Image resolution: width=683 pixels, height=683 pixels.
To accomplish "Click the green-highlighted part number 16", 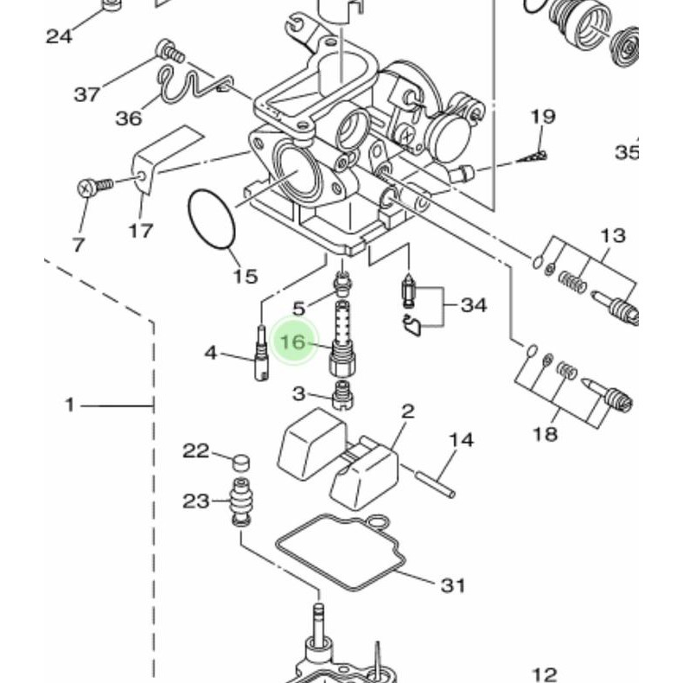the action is [293, 341].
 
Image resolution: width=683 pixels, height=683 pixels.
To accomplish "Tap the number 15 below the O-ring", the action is [246, 276].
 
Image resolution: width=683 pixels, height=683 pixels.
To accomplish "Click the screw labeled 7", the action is [94, 187].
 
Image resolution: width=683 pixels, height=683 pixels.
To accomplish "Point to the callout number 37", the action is [86, 94].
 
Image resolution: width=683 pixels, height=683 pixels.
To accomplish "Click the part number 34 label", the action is [474, 305].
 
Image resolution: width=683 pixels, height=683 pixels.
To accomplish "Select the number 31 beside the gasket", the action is [453, 585].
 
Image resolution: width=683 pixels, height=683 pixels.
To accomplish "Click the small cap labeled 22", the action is [241, 463].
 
